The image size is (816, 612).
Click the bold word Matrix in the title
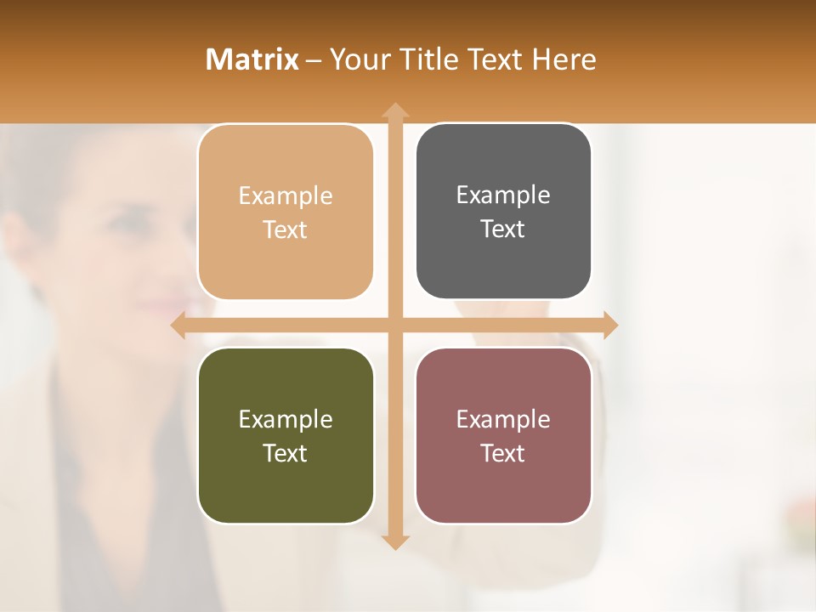tap(252, 59)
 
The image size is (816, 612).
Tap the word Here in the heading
tap(564, 59)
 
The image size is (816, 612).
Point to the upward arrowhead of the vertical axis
tap(394, 110)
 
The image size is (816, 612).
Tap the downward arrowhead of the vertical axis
tap(394, 541)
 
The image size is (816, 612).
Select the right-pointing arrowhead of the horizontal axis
tap(609, 325)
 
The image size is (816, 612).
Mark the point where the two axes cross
tap(394, 325)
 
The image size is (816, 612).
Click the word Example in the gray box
tap(503, 195)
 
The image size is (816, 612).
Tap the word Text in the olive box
tap(286, 453)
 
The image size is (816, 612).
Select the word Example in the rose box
tap(503, 419)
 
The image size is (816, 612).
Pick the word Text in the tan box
tap(286, 229)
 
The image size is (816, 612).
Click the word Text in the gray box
tap(503, 229)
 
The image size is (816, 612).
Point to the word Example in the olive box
tap(286, 419)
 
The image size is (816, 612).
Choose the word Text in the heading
tap(496, 59)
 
